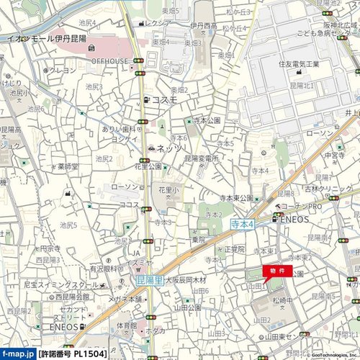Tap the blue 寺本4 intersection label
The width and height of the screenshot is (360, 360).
pos(243,225)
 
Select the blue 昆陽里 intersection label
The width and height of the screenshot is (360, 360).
pos(149,280)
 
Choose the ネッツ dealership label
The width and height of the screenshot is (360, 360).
pos(169,148)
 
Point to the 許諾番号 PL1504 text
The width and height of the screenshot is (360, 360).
pos(74,354)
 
